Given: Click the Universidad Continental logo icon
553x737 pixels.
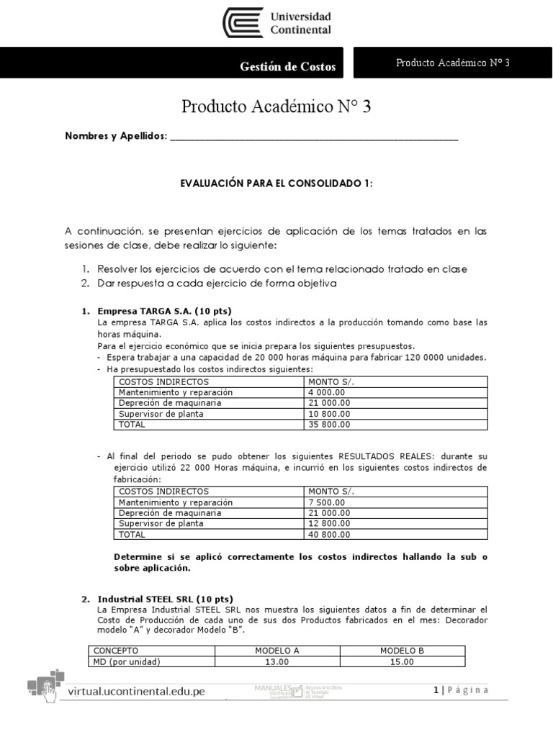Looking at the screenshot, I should pos(243,23).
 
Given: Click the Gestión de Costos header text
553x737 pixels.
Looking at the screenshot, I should pos(287,67).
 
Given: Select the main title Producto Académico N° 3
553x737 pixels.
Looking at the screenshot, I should pos(276,107).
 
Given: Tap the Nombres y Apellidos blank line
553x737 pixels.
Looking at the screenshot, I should pos(313,136).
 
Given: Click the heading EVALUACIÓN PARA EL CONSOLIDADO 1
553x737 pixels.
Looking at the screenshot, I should pos(276,184).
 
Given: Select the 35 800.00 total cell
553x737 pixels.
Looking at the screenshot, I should pos(329,424).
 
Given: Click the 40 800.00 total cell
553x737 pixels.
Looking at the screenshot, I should pos(329,534).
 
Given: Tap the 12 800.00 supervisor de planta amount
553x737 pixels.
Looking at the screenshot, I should pos(329,523).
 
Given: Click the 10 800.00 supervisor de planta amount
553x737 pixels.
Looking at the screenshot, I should pos(329,413).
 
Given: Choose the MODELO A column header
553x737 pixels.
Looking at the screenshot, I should pos(276,651).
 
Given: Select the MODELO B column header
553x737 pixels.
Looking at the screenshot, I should pos(402,651).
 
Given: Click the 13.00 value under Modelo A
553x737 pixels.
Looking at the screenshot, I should pos(276,661).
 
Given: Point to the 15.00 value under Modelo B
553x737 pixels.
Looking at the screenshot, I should pos(402,661).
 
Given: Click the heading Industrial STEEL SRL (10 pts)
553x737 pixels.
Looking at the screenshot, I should pos(165,599).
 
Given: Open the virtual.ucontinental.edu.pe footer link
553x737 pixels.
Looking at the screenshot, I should pos(136,692).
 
